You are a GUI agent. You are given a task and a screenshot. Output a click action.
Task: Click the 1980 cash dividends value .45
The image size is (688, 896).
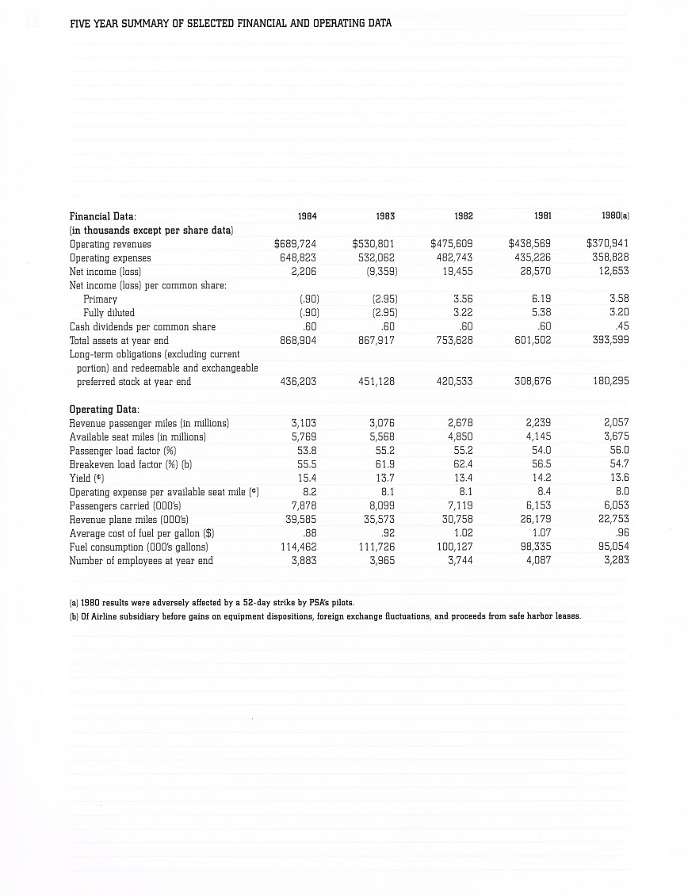coord(621,326)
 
